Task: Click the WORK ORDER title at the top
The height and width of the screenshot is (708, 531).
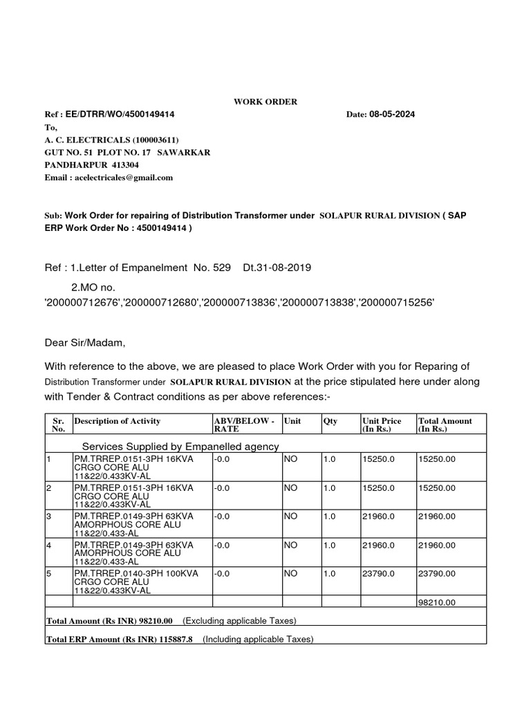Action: click(265, 102)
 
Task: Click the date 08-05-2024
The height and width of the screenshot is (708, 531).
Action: click(393, 114)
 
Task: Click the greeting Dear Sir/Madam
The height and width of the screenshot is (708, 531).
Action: click(86, 342)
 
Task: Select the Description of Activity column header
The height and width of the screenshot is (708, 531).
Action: click(118, 421)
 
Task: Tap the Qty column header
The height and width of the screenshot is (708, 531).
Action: click(330, 421)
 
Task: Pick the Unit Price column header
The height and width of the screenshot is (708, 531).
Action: click(382, 425)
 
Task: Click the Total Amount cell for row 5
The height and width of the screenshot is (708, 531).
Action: click(436, 573)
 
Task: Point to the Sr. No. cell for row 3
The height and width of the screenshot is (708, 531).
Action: click(48, 516)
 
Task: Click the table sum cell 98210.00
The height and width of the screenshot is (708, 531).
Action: click(436, 603)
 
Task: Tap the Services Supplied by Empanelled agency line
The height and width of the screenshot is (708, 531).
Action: click(180, 446)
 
